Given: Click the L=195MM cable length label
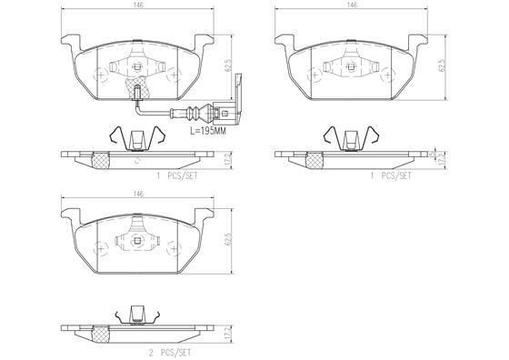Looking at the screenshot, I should [209, 131].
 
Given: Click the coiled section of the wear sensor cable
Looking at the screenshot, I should [195, 115].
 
